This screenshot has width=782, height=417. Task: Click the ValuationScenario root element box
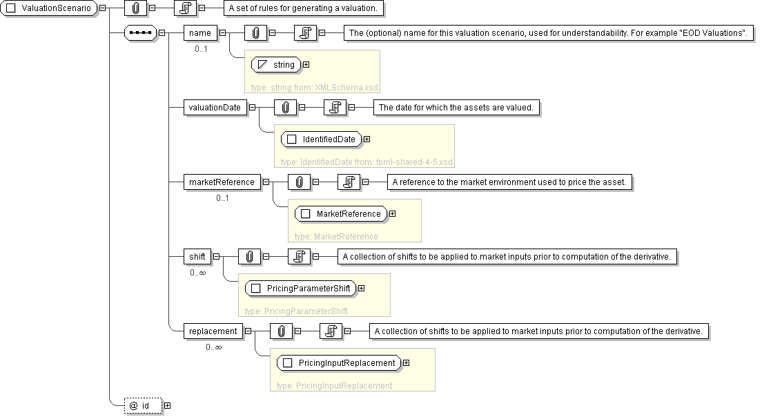50,8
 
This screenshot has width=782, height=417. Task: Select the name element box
199,32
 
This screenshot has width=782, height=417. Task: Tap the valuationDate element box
215,107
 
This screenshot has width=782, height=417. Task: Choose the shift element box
197,256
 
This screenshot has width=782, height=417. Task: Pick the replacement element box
213,331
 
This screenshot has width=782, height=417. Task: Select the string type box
276,65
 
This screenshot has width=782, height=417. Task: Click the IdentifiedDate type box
322,139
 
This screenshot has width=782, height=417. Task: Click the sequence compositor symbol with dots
140,32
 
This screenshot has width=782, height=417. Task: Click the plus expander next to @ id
167,405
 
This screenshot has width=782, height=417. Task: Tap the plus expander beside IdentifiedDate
366,139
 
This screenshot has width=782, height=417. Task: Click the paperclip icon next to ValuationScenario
136,8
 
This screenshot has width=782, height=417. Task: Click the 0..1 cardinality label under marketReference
222,198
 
